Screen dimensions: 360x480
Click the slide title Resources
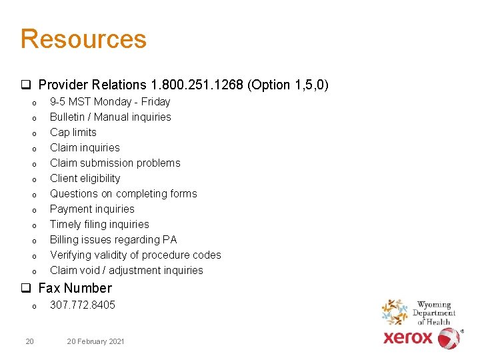83,39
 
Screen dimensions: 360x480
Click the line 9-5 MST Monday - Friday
110,101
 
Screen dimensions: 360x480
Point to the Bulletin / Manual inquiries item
110,117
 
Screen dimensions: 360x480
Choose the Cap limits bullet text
73,132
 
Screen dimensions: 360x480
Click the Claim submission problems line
115,163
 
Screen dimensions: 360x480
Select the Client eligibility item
85,178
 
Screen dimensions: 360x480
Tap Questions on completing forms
123,193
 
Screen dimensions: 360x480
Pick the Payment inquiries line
92,209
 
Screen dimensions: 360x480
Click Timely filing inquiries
99,224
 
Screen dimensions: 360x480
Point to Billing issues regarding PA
113,239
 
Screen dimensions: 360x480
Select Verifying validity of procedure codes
135,255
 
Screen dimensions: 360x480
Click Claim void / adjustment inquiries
127,270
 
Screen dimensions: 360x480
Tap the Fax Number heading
75,288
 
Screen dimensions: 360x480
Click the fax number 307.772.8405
83,305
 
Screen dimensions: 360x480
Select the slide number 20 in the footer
29,341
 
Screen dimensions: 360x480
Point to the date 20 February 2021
95,341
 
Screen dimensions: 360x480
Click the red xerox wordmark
408,338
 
